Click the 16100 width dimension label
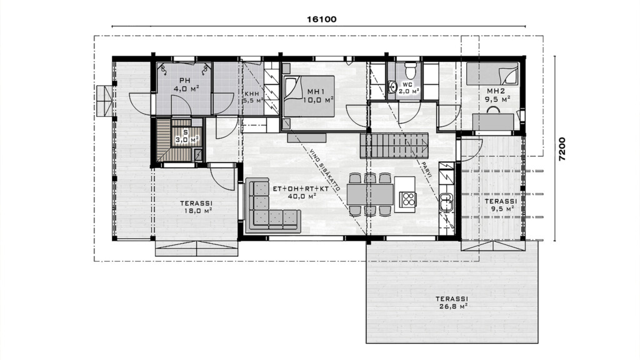(322, 19)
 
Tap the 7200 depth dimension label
(562, 149)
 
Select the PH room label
(185, 80)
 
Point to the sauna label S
(185, 132)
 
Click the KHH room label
(252, 93)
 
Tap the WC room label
(407, 84)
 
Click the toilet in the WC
(410, 70)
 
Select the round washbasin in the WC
(392, 87)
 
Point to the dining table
(370, 194)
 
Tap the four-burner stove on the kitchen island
(408, 198)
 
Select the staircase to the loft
(394, 146)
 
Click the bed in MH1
(309, 96)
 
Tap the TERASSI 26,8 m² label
(451, 302)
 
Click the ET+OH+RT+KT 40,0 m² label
(301, 192)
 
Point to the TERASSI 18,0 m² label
(196, 207)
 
